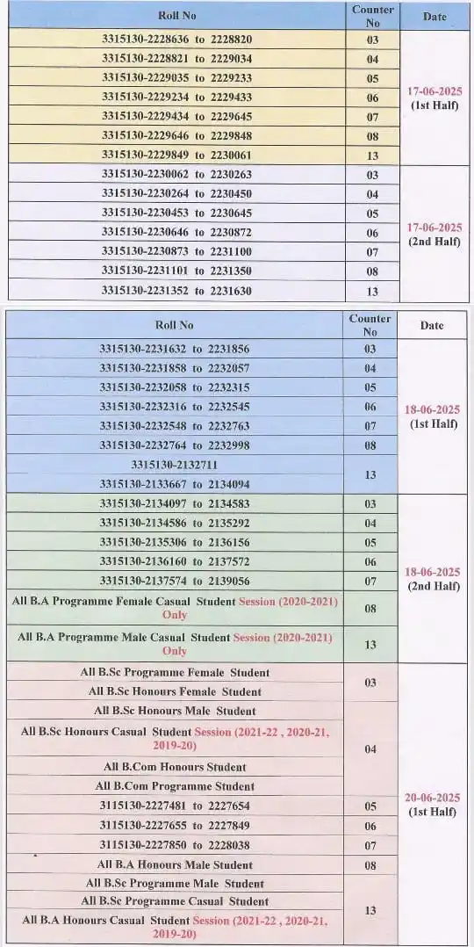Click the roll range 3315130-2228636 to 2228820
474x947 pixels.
(x=176, y=40)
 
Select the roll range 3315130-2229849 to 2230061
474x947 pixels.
(x=176, y=155)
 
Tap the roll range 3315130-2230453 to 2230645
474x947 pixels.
(x=176, y=213)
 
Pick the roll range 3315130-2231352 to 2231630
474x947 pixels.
(x=176, y=291)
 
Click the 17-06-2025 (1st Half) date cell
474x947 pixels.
(x=434, y=98)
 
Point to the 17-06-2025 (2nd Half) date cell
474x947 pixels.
(x=434, y=234)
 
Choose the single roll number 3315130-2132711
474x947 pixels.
(x=174, y=464)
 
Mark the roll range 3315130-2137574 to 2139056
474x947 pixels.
(x=175, y=581)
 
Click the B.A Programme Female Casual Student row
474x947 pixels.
(x=175, y=608)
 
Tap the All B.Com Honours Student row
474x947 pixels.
(x=175, y=767)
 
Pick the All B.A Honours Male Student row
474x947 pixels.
(x=175, y=864)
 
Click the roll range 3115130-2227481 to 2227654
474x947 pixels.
(x=175, y=806)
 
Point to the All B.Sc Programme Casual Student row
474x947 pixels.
(x=175, y=901)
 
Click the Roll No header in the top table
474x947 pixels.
(x=176, y=16)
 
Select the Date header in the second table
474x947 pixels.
(x=432, y=325)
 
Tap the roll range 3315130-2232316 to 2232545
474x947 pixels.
(x=175, y=407)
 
